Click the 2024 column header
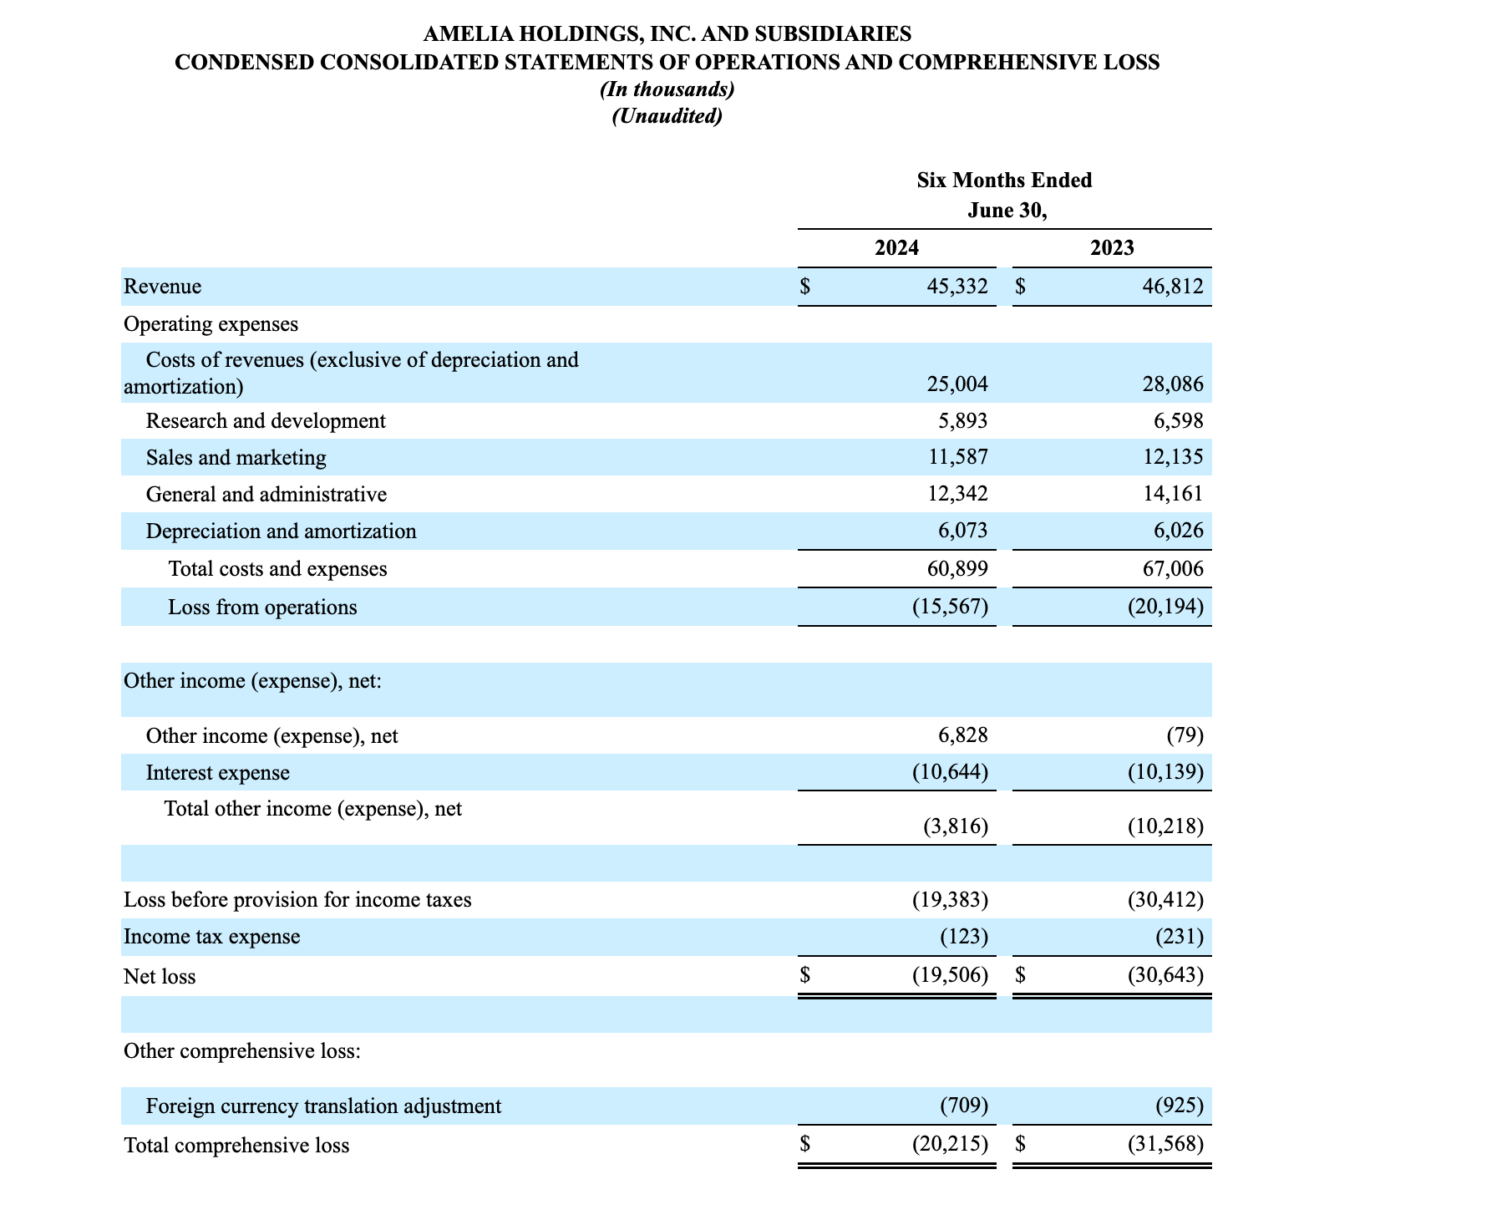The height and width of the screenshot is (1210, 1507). coord(896,248)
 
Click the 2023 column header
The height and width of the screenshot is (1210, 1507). coord(1112,248)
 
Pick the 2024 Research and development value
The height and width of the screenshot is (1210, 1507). coord(962,421)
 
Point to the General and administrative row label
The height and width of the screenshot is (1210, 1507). coord(266,495)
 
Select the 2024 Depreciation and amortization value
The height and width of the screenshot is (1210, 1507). coord(962,531)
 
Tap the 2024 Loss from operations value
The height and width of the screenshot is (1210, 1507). coord(950,608)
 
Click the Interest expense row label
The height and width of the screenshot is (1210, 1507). coord(217,773)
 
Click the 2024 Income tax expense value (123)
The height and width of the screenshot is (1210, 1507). coord(964,937)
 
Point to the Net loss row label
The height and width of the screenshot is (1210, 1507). coord(160,977)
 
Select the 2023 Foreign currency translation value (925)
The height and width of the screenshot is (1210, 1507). coord(1180,1106)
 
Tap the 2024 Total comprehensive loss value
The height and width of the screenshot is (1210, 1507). coord(950,1145)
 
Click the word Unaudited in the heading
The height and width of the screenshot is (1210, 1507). coord(667,116)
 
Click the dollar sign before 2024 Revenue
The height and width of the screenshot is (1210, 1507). coord(804,287)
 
